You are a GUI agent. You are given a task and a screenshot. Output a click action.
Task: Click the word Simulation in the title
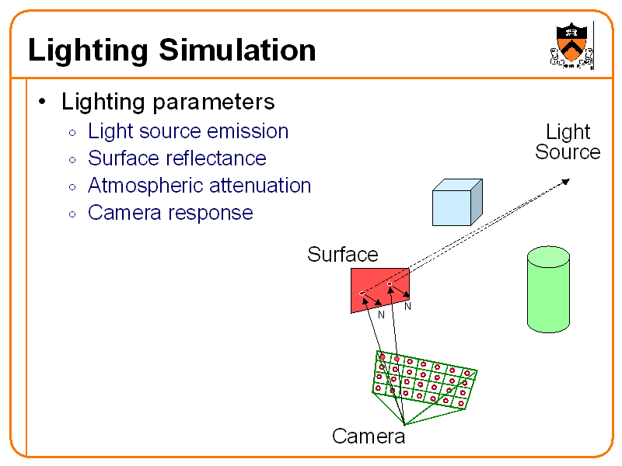pos(237,51)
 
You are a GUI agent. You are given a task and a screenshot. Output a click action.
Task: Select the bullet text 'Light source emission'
pos(187,131)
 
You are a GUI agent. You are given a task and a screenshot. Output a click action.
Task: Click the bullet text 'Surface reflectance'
pos(176,158)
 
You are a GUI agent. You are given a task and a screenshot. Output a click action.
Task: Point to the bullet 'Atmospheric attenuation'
pos(199,186)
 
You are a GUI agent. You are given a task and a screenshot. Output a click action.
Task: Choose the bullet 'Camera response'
pos(170,213)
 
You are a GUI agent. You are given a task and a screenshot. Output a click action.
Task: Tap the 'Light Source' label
pos(568,141)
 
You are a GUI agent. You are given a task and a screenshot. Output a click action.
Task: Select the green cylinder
pos(548,291)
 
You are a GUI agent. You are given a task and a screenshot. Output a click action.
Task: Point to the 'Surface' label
pos(342,255)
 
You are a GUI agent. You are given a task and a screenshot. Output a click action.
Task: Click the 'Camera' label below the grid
pos(368,436)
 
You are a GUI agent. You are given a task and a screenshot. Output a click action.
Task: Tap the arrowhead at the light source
pos(565,182)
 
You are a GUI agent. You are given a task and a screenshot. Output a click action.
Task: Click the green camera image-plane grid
pos(424,380)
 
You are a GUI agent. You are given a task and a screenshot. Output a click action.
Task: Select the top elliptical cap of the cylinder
pos(548,255)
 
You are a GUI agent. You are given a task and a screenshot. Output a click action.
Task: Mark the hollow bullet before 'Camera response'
pos(72,214)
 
